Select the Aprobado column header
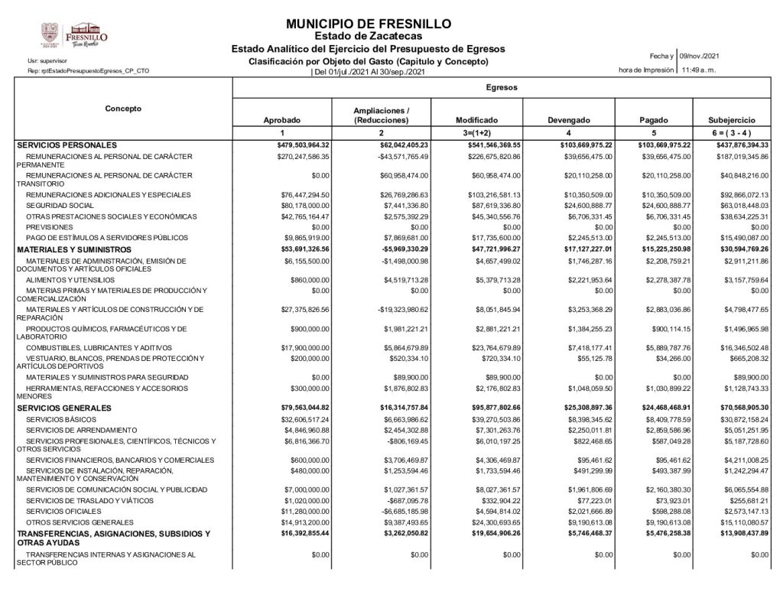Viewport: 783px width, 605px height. click(281, 121)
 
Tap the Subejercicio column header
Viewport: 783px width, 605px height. click(732, 121)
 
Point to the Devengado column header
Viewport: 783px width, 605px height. click(569, 121)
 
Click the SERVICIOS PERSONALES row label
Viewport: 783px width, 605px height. click(67, 145)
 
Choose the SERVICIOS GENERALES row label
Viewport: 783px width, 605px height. click(66, 408)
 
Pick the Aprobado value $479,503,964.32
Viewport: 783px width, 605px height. click(303, 145)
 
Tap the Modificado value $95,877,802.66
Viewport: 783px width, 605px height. click(494, 408)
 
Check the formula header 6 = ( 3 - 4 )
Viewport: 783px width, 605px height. click(732, 134)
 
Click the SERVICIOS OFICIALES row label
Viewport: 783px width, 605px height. click(60, 510)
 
